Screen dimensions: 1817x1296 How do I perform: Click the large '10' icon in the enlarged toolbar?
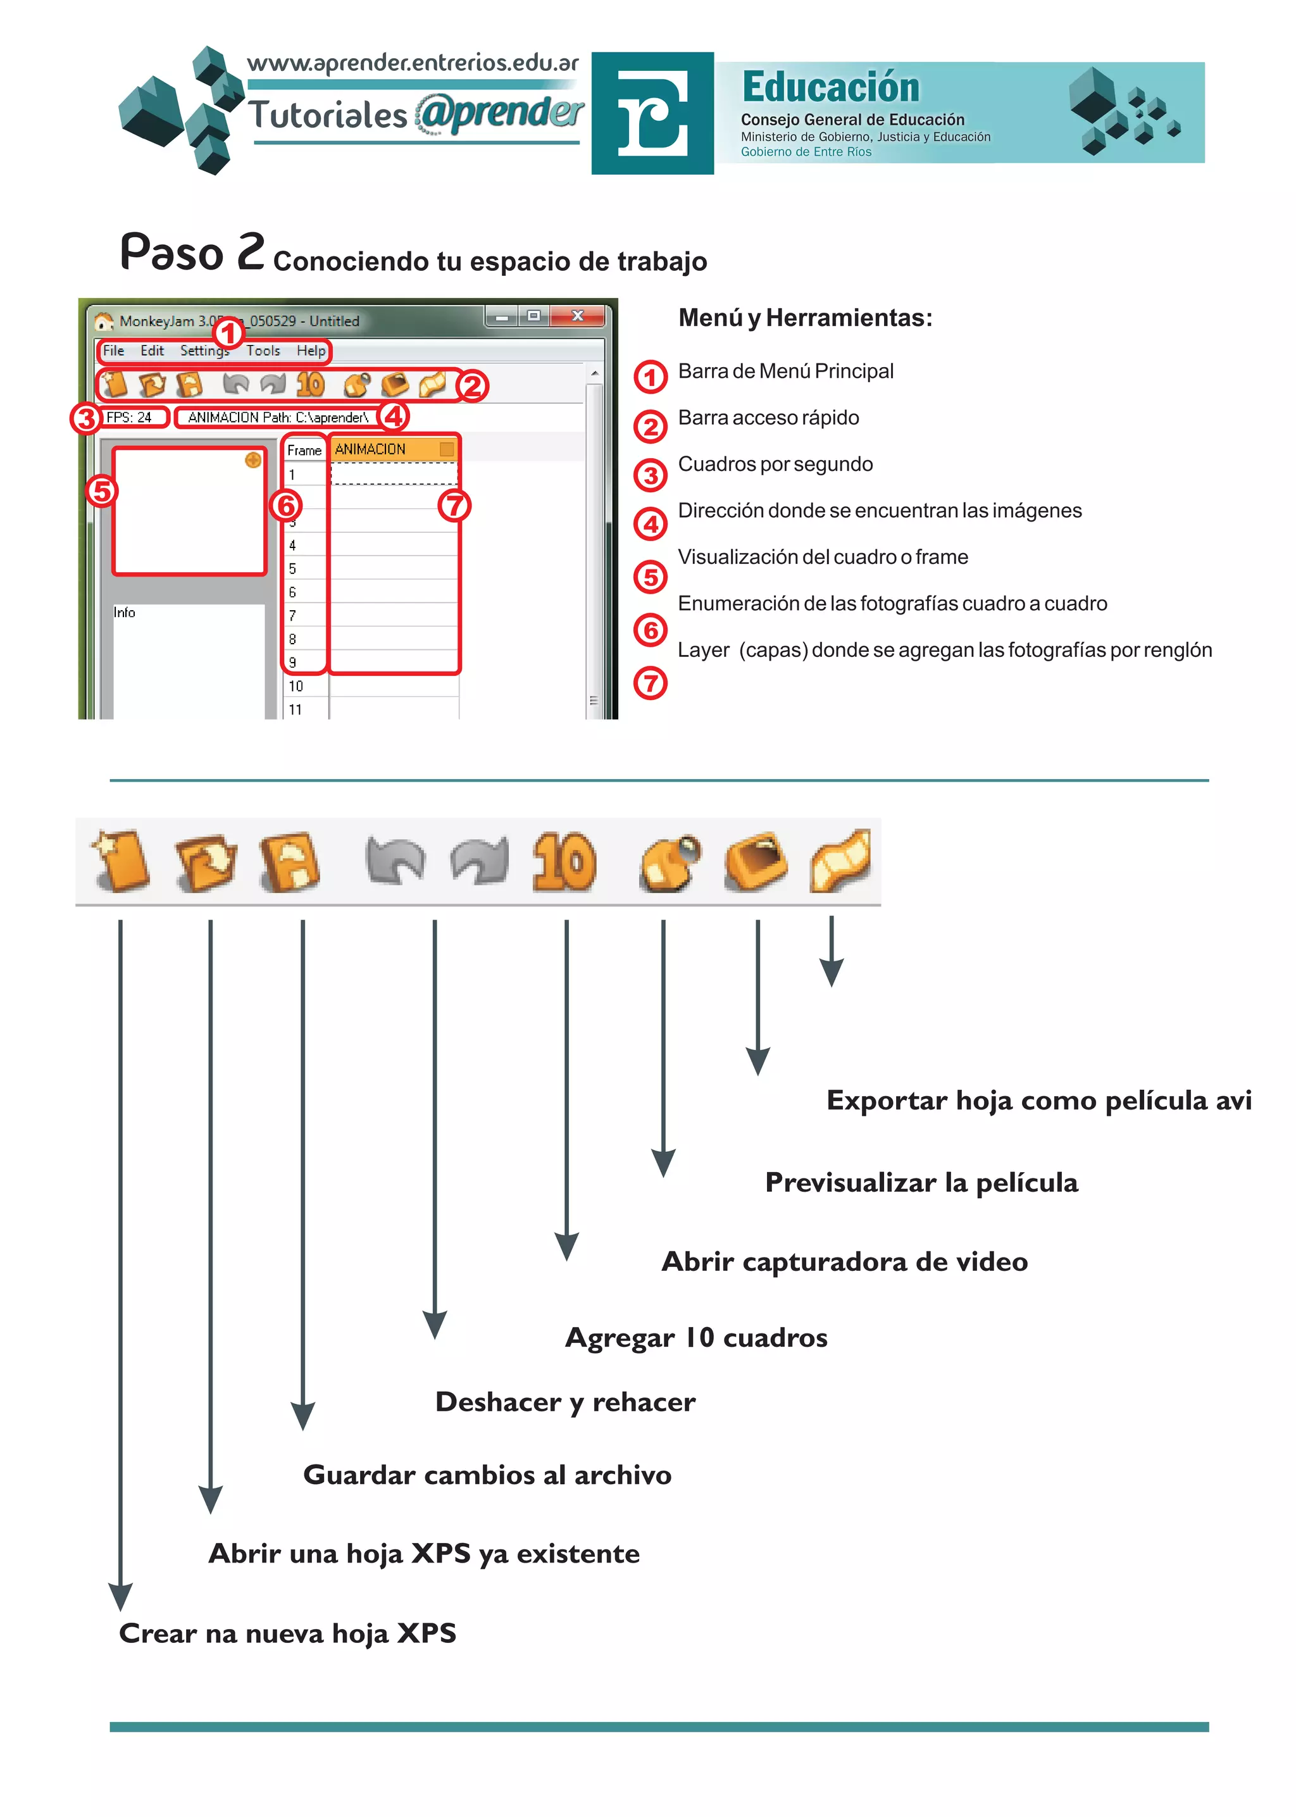tap(564, 862)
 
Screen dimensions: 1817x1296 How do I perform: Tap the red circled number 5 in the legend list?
tap(651, 577)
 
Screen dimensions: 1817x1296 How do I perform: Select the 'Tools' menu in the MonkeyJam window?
tap(263, 351)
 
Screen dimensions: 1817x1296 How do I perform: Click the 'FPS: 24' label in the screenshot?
tap(129, 417)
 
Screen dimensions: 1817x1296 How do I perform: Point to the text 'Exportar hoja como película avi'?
tap(1038, 1101)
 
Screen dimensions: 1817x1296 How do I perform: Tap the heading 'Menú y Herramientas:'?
tap(804, 318)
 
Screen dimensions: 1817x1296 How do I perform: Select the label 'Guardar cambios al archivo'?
tap(487, 1475)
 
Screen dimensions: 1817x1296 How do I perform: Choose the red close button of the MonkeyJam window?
tap(578, 316)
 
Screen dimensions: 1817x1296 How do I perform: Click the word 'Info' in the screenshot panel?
tap(125, 612)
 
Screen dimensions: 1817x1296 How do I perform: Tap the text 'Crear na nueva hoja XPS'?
tap(287, 1633)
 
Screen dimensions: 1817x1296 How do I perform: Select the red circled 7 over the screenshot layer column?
tap(454, 505)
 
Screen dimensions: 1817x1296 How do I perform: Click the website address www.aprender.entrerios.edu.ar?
tap(413, 63)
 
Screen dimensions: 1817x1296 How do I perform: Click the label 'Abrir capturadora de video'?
tap(844, 1261)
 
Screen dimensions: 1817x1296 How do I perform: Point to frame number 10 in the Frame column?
tap(296, 686)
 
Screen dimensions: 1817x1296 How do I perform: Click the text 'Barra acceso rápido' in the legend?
tap(768, 417)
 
